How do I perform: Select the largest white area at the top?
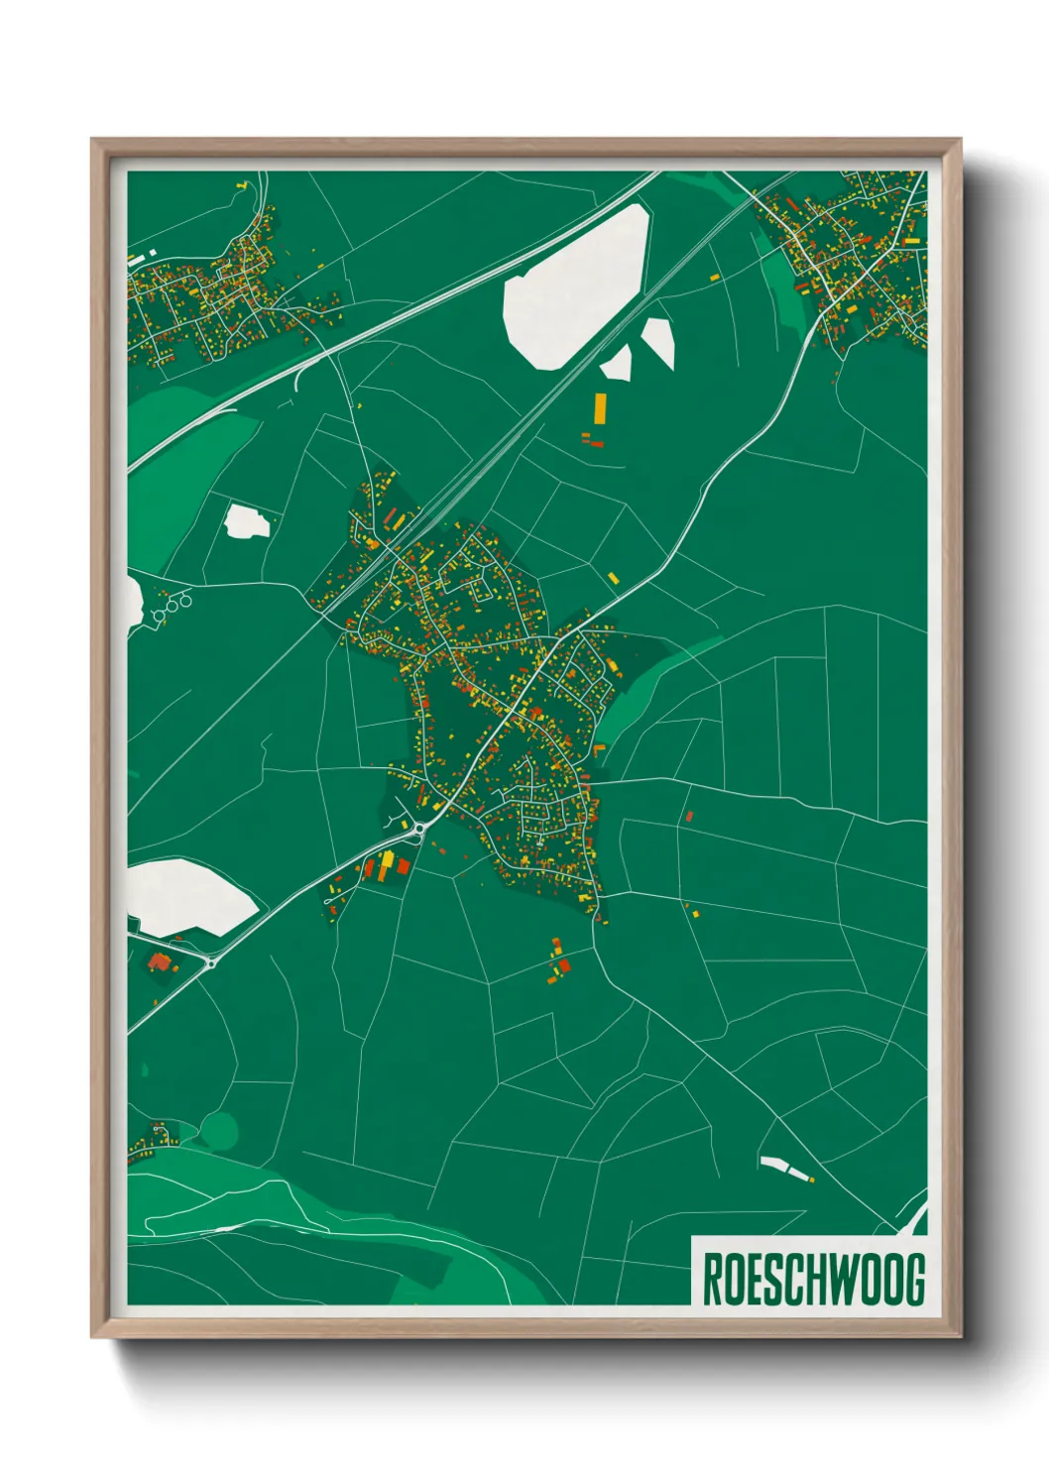(575, 287)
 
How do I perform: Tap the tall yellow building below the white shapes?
(600, 406)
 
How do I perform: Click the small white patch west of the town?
(246, 521)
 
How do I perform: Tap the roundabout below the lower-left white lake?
(210, 961)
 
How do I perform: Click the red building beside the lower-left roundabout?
(159, 960)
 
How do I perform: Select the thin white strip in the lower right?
(784, 1167)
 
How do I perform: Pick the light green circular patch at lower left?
(219, 1128)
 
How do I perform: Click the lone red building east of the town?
(689, 816)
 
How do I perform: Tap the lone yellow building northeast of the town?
(614, 577)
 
